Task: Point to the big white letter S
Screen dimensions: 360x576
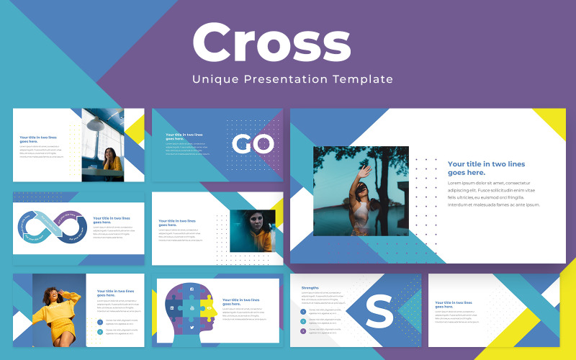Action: [379, 312]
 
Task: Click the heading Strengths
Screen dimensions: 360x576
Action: [310, 287]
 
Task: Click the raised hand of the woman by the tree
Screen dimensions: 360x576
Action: [366, 171]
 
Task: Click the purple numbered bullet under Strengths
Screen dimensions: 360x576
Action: [303, 330]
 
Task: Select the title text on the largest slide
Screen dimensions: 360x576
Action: [477, 168]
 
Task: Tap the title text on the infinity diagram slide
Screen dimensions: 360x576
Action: [112, 220]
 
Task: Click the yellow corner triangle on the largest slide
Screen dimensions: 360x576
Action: [552, 122]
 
